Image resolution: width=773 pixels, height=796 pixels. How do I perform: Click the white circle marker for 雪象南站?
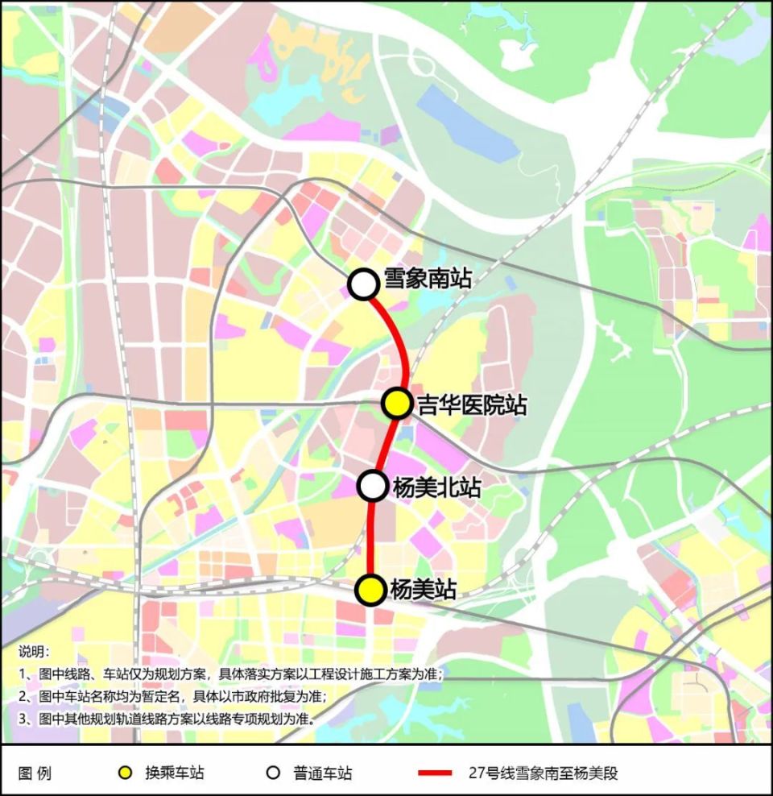pyautogui.click(x=363, y=284)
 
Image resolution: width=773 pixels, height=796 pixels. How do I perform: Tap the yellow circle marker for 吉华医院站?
pyautogui.click(x=396, y=403)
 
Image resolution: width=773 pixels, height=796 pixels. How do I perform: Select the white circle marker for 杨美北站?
pyautogui.click(x=372, y=485)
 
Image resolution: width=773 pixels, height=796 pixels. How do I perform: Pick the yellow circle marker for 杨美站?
pyautogui.click(x=370, y=590)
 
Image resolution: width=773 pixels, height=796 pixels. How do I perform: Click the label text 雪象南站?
pyautogui.click(x=427, y=280)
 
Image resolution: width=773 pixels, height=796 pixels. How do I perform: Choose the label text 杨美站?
pyautogui.click(x=423, y=590)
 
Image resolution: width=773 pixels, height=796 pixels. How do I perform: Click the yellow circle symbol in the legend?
pyautogui.click(x=125, y=773)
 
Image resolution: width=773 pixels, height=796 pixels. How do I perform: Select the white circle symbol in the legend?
pyautogui.click(x=273, y=773)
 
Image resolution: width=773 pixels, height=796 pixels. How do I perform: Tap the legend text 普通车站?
pyautogui.click(x=322, y=773)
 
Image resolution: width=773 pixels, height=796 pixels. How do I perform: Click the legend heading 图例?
pyautogui.click(x=34, y=773)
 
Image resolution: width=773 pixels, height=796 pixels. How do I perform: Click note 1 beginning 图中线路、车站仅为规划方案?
pyautogui.click(x=234, y=674)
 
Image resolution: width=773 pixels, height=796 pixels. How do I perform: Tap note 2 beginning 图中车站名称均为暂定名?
pyautogui.click(x=177, y=696)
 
